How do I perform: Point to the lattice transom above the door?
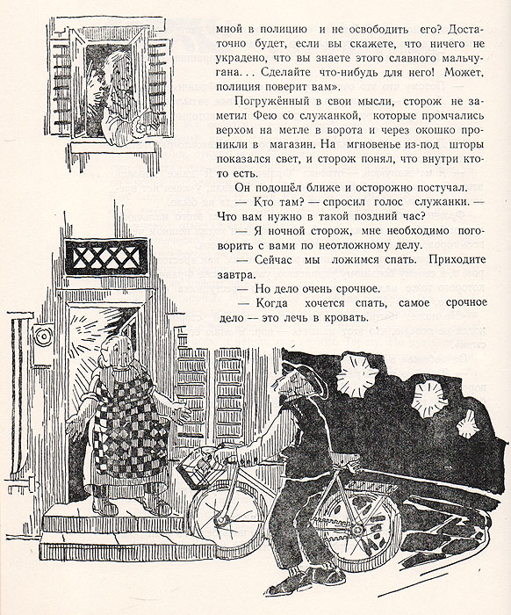coord(106,257)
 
